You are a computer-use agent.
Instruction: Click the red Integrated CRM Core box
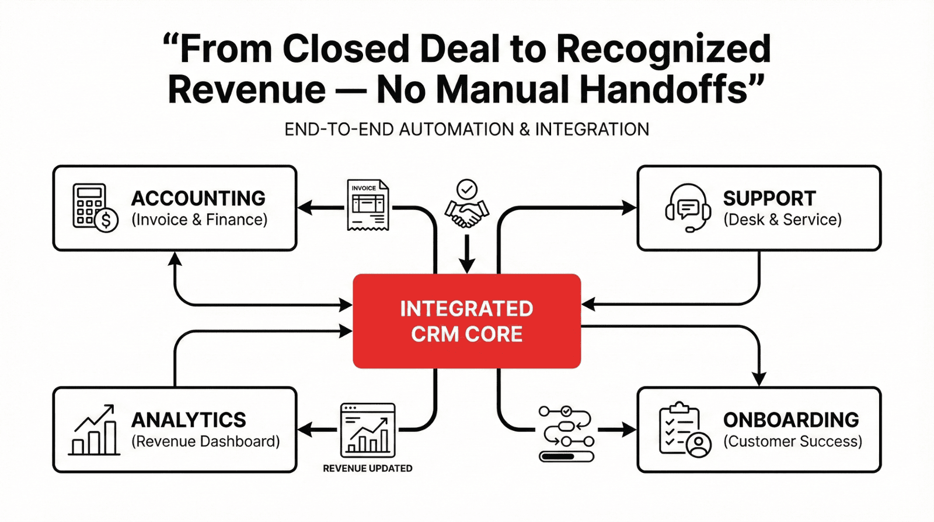click(x=466, y=321)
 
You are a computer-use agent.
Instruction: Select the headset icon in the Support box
click(x=688, y=208)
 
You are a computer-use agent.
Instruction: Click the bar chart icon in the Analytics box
click(x=94, y=430)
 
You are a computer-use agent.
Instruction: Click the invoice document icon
click(x=368, y=205)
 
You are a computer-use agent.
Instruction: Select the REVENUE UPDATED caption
click(x=368, y=468)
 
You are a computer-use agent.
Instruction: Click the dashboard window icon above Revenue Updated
click(x=368, y=430)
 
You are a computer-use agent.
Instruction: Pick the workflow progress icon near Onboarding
click(x=566, y=434)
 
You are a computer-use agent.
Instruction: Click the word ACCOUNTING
click(x=198, y=199)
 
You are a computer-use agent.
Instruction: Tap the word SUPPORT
click(x=769, y=199)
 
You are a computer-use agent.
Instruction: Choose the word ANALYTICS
click(x=189, y=420)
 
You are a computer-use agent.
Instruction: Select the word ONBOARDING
click(x=791, y=420)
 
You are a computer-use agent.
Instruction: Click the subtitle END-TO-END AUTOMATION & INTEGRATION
click(x=466, y=129)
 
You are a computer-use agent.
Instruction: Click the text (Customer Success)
click(x=793, y=441)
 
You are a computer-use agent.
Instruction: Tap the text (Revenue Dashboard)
click(x=205, y=441)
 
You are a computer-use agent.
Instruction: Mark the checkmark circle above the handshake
click(x=466, y=189)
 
